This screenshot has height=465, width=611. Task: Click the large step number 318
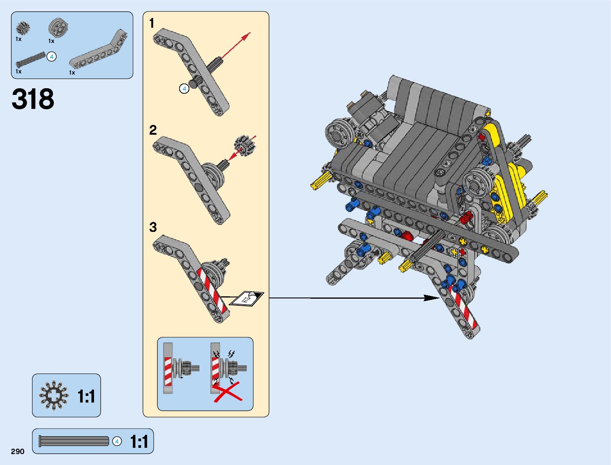[x=33, y=99]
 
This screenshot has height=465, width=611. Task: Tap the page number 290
[x=18, y=451]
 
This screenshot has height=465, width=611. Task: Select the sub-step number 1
[x=152, y=23]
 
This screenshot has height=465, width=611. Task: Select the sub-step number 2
[x=153, y=130]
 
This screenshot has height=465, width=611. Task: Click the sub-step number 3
[x=153, y=227]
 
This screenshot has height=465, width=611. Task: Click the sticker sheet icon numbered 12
[x=247, y=299]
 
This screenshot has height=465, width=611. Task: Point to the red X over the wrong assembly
[x=228, y=392]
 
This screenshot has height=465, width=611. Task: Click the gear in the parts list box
[x=23, y=29]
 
